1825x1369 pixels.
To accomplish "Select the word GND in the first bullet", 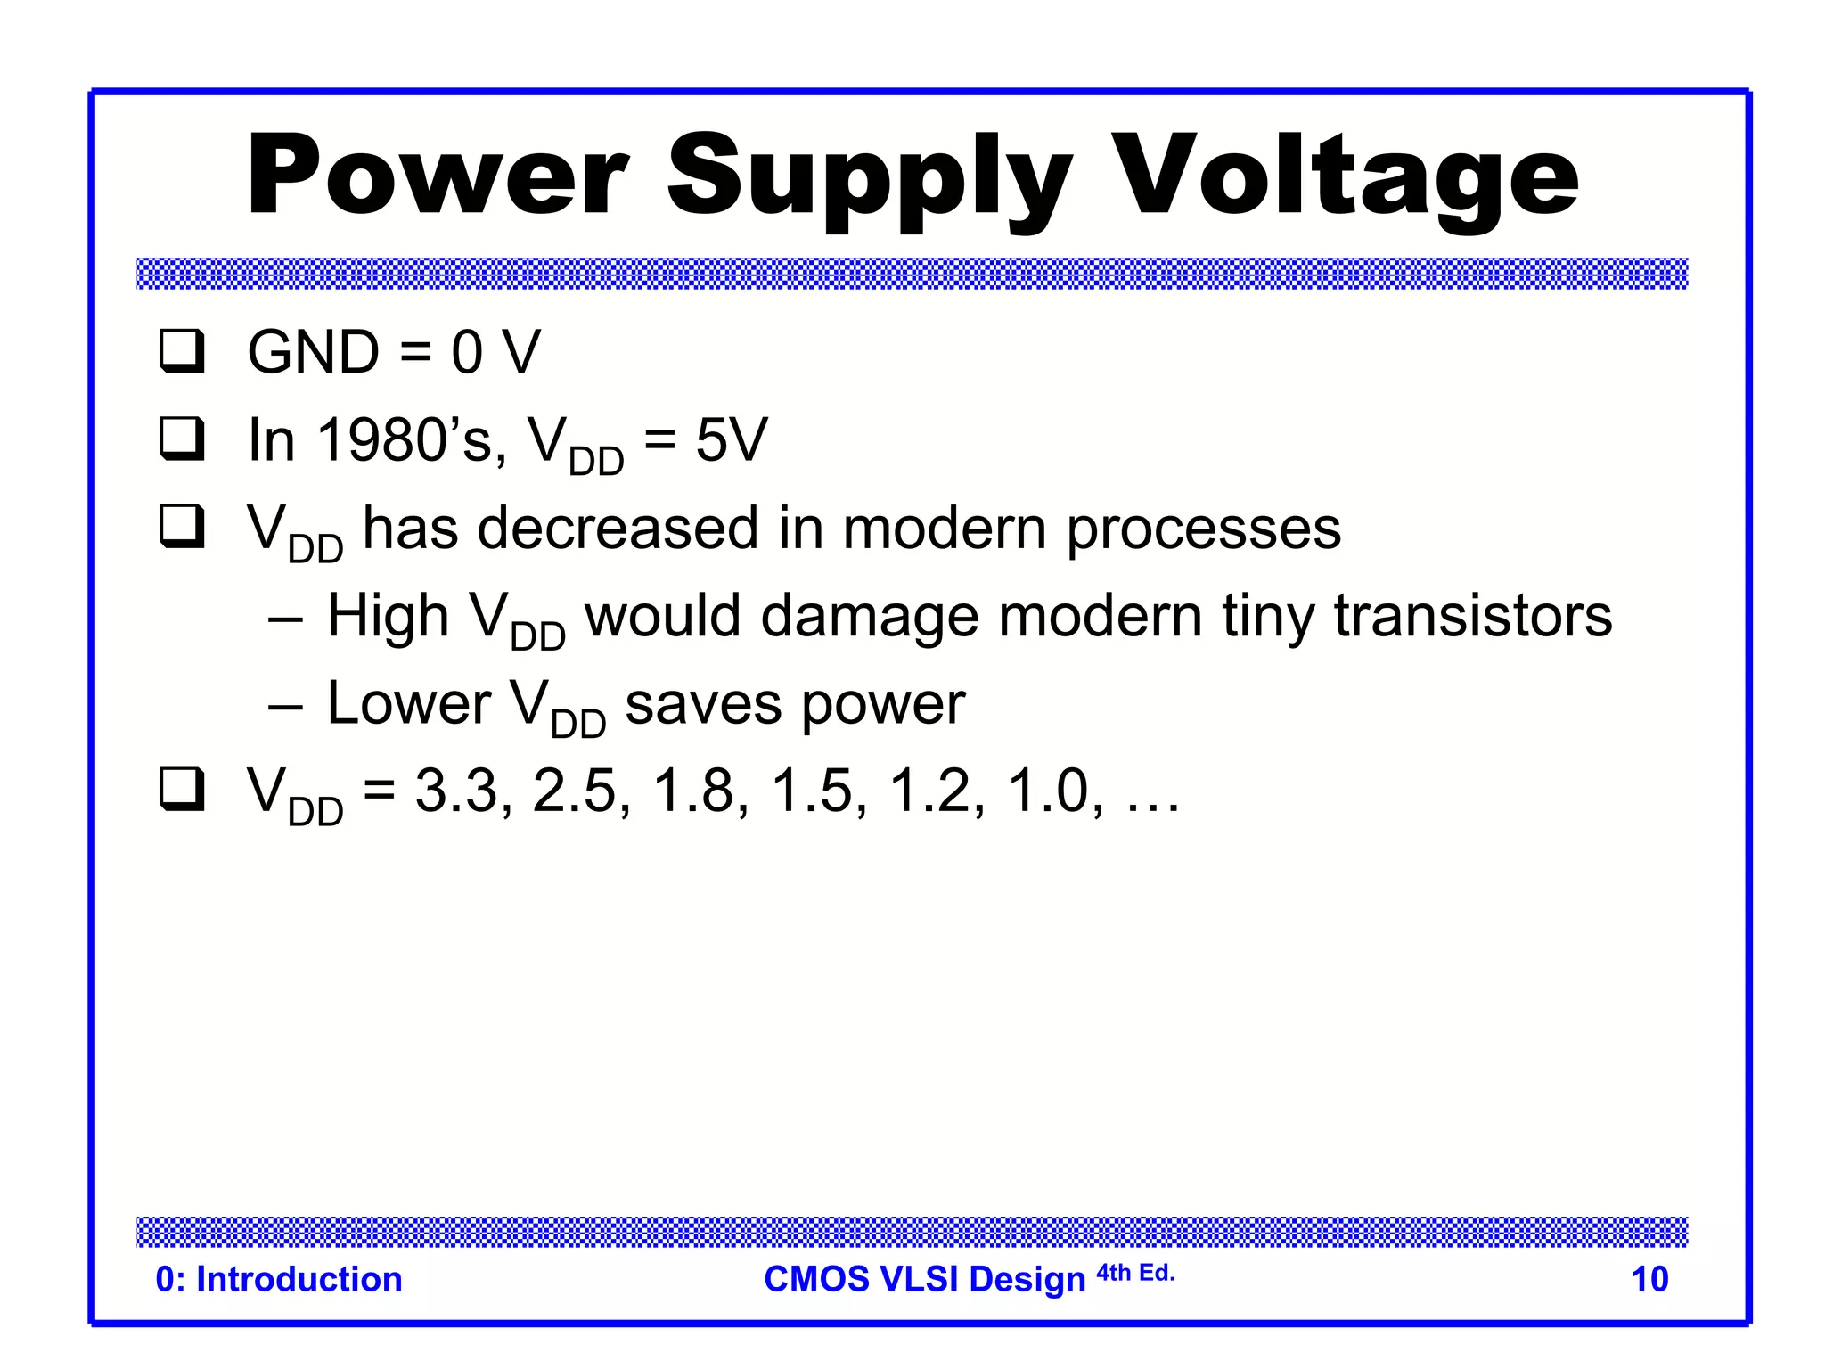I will coord(314,352).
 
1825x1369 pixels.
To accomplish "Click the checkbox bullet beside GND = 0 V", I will coord(182,351).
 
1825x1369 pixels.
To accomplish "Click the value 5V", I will coord(731,440).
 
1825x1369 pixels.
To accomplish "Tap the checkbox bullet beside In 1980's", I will coord(182,439).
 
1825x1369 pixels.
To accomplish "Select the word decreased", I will coord(618,528).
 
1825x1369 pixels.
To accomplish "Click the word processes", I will coord(1203,529).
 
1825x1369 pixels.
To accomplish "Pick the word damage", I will coord(869,616).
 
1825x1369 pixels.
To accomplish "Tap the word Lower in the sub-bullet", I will coord(409,703).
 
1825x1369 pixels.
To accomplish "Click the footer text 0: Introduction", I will coord(279,1279).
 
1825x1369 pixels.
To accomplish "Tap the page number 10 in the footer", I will coord(1649,1279).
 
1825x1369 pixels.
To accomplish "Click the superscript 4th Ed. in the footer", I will coord(1135,1273).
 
